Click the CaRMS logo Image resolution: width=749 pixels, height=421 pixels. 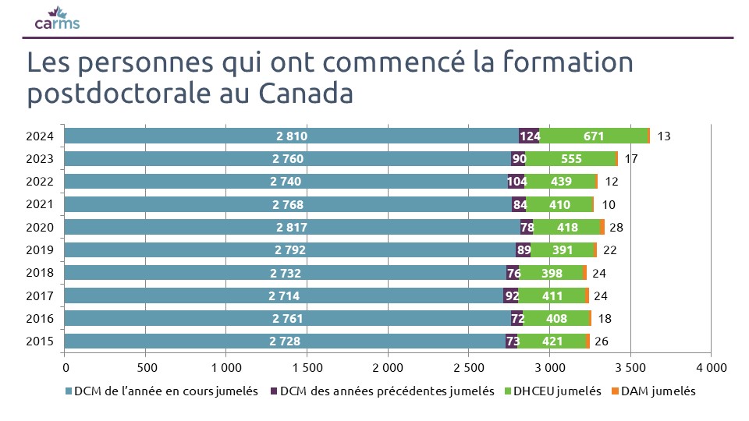(57, 18)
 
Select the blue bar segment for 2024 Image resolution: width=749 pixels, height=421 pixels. (291, 136)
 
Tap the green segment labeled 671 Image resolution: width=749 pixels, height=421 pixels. (594, 136)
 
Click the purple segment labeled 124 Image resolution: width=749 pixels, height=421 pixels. (530, 136)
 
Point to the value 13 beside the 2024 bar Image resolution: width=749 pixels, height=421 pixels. (664, 136)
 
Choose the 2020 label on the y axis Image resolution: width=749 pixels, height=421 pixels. (39, 228)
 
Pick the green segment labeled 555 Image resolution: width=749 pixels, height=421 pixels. (570, 159)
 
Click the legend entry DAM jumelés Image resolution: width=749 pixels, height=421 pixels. (658, 391)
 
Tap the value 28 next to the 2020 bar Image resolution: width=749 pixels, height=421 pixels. (616, 228)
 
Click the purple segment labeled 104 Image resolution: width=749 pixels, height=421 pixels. (516, 182)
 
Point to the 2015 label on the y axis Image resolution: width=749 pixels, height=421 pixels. (39, 341)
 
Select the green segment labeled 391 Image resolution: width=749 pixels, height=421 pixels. (563, 250)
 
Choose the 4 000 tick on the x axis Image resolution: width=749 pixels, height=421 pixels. (711, 366)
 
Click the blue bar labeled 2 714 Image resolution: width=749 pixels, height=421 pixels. (284, 296)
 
